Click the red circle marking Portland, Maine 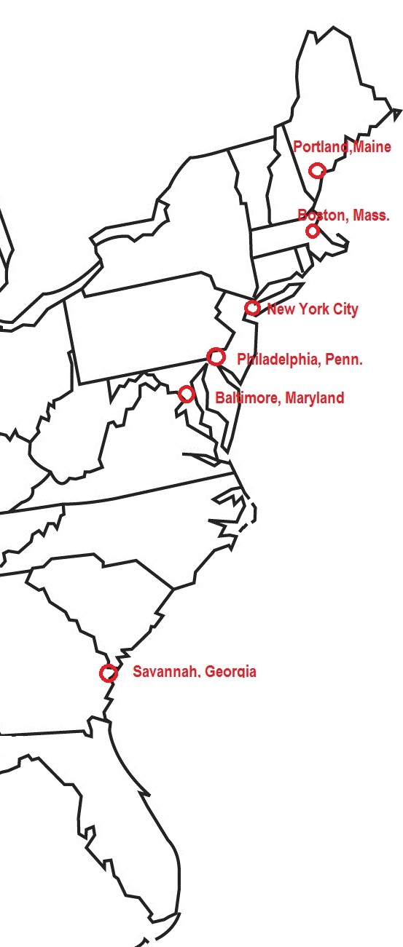click(x=316, y=170)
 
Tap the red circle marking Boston click(x=313, y=231)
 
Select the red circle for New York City click(x=252, y=308)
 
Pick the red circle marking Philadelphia click(x=215, y=357)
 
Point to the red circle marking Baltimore click(x=187, y=394)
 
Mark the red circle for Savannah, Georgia click(x=109, y=673)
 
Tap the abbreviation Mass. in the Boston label click(x=371, y=215)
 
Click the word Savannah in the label click(x=165, y=672)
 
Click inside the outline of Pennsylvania click(x=146, y=328)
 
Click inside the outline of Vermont click(x=256, y=182)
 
